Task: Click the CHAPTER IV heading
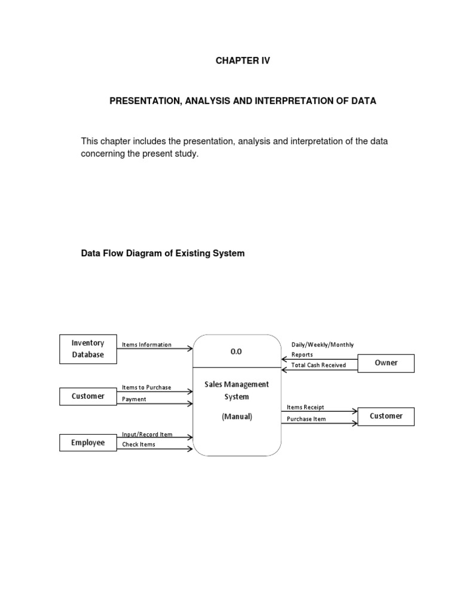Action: (x=243, y=60)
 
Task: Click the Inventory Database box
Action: (x=88, y=349)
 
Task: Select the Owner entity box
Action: (x=385, y=363)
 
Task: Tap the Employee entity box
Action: (x=88, y=443)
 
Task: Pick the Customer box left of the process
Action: (x=88, y=396)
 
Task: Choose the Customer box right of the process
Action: (x=385, y=416)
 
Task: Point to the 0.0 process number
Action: (x=236, y=352)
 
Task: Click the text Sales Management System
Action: (x=237, y=390)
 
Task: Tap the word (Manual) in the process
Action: (x=237, y=417)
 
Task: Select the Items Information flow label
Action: (x=146, y=345)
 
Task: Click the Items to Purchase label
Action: (x=146, y=387)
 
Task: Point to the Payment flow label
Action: (x=134, y=399)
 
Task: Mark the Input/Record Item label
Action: (x=147, y=434)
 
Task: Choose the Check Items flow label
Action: (x=139, y=445)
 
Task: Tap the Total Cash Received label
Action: (x=319, y=365)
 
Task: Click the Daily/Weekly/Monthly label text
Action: (x=322, y=345)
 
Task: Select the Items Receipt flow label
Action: (x=305, y=407)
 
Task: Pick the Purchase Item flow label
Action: (x=306, y=419)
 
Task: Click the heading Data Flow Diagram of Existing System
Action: (x=163, y=253)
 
